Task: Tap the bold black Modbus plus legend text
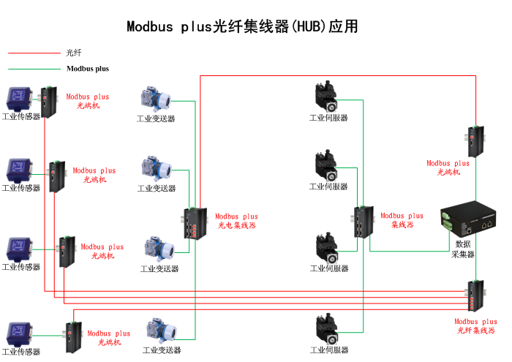[x=88, y=69]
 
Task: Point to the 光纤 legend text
[x=73, y=53]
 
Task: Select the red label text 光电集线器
[x=237, y=226]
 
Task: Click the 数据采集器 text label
[x=463, y=249]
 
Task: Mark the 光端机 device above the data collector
[x=475, y=141]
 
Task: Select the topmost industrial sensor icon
[x=19, y=98]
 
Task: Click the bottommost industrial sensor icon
[x=19, y=333]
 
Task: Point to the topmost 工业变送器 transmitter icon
[x=155, y=100]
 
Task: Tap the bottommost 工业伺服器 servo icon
[x=327, y=330]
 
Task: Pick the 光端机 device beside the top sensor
[x=47, y=102]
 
